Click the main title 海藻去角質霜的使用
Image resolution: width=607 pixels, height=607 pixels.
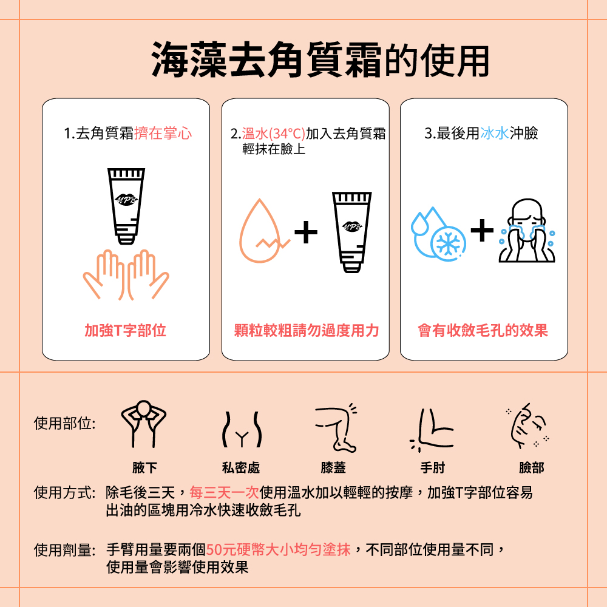320,59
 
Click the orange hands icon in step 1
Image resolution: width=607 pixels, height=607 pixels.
126,275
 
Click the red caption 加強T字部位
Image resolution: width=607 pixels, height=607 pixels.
126,331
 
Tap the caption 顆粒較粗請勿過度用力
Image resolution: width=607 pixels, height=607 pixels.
307,331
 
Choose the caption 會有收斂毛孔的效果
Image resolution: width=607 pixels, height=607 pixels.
483,331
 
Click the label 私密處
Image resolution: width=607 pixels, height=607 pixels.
241,467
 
